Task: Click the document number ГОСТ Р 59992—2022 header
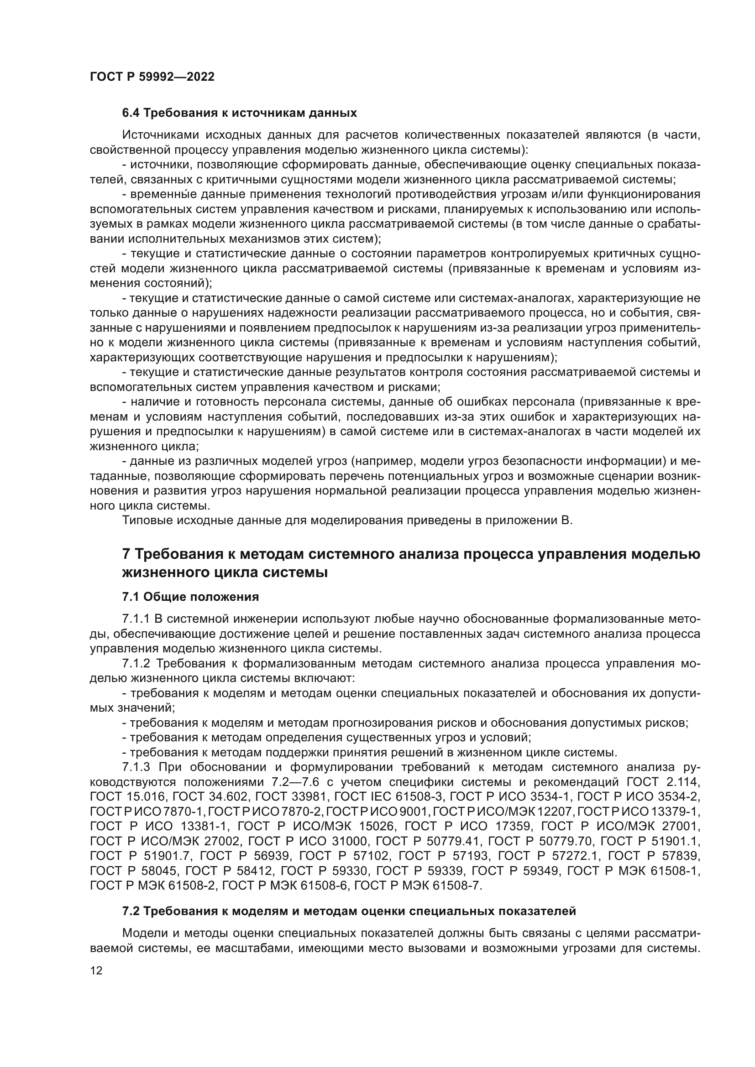152,77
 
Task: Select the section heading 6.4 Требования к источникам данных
240,113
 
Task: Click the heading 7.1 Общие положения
191,597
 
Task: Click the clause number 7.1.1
136,619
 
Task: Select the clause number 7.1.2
136,664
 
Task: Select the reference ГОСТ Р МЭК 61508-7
418,886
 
